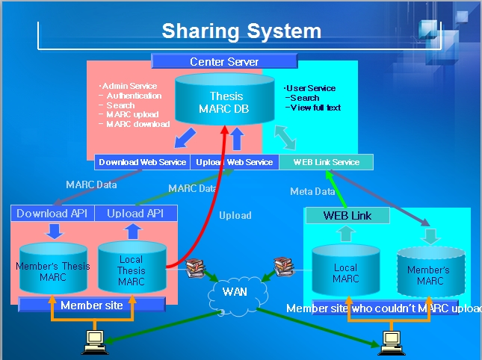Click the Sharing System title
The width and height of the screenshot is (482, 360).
(241, 31)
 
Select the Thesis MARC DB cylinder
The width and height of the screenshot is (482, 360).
(226, 102)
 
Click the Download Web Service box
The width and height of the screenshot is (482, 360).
(142, 162)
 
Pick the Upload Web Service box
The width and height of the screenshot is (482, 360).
(234, 162)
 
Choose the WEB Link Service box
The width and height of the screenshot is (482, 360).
(326, 162)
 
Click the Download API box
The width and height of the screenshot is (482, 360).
(52, 214)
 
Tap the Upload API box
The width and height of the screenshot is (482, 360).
(136, 214)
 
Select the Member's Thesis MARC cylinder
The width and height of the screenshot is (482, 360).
(53, 270)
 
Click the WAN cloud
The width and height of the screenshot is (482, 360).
(235, 291)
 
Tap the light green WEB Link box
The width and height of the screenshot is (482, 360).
(347, 216)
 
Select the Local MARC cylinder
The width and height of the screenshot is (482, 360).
(344, 272)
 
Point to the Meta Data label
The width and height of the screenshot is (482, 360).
(312, 192)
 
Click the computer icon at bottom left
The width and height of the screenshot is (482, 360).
(94, 341)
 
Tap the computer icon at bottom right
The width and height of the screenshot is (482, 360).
(390, 341)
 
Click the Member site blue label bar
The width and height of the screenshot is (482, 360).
(91, 305)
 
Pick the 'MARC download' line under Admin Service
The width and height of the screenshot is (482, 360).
(138, 124)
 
